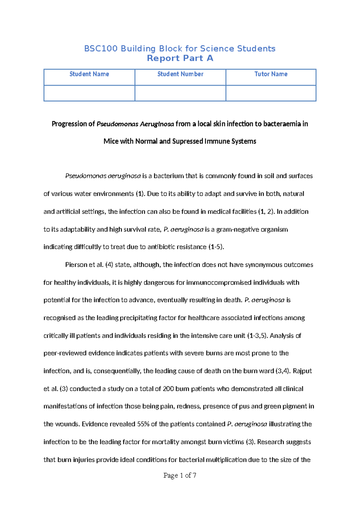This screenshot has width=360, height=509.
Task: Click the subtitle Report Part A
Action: [180, 58]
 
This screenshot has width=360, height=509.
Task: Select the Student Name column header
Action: [89, 74]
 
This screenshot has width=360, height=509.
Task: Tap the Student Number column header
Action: [180, 74]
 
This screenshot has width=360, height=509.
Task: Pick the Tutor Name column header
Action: [271, 74]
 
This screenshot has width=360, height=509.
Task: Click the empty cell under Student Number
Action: [180, 93]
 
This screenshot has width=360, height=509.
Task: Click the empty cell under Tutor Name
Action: [271, 93]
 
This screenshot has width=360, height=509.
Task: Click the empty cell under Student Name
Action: [89, 93]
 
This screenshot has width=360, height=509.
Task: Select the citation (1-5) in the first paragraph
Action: [216, 247]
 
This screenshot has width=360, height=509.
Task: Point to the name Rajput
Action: [302, 371]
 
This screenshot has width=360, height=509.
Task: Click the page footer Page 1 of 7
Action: [180, 475]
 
